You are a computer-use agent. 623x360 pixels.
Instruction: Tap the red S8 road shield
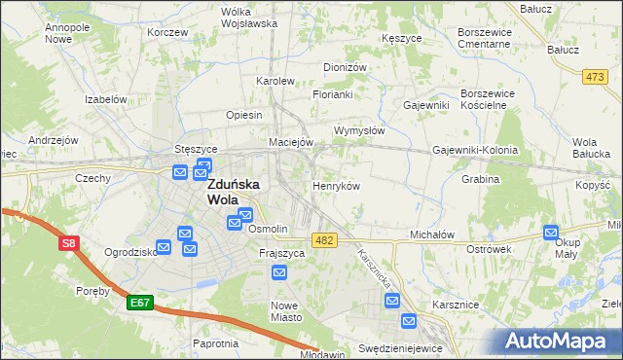pos(68,244)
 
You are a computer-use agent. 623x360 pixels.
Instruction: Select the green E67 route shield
pos(139,303)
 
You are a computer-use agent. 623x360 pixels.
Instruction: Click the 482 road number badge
pos(326,238)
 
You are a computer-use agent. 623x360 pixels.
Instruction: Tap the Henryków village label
pos(337,185)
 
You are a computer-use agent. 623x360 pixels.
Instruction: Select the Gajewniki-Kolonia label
pos(475,151)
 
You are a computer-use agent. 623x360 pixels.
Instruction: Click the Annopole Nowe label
pos(66,34)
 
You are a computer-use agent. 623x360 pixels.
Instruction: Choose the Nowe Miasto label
pos(279,310)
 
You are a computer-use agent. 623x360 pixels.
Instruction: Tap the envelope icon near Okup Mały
pos(552,233)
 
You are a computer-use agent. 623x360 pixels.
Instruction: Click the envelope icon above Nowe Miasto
pos(279,272)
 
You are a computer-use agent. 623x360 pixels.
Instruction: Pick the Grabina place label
pos(481,180)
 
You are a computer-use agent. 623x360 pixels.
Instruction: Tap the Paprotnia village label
pos(215,343)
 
